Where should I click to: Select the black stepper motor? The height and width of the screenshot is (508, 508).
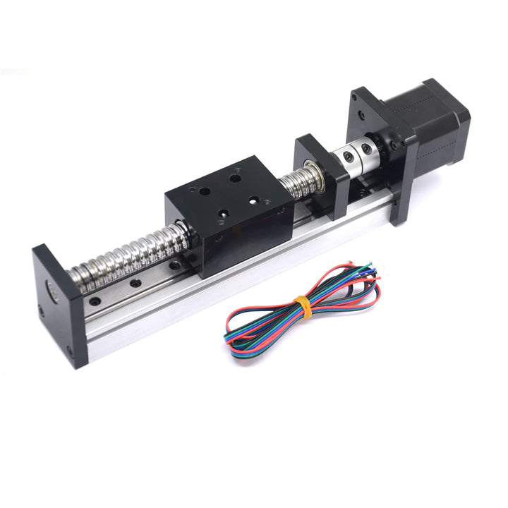423,120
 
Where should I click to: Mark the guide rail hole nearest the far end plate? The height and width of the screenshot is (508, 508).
95,301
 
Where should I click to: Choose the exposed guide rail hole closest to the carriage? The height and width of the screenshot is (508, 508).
172,267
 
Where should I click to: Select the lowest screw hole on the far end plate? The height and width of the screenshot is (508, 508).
70,350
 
